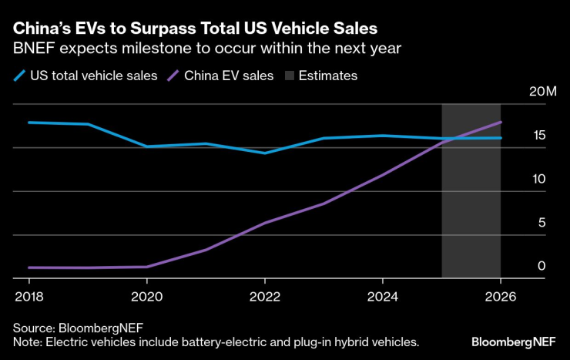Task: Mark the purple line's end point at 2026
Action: point(501,122)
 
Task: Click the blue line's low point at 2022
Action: point(264,153)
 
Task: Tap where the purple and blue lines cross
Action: point(454,138)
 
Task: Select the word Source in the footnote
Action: point(32,325)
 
